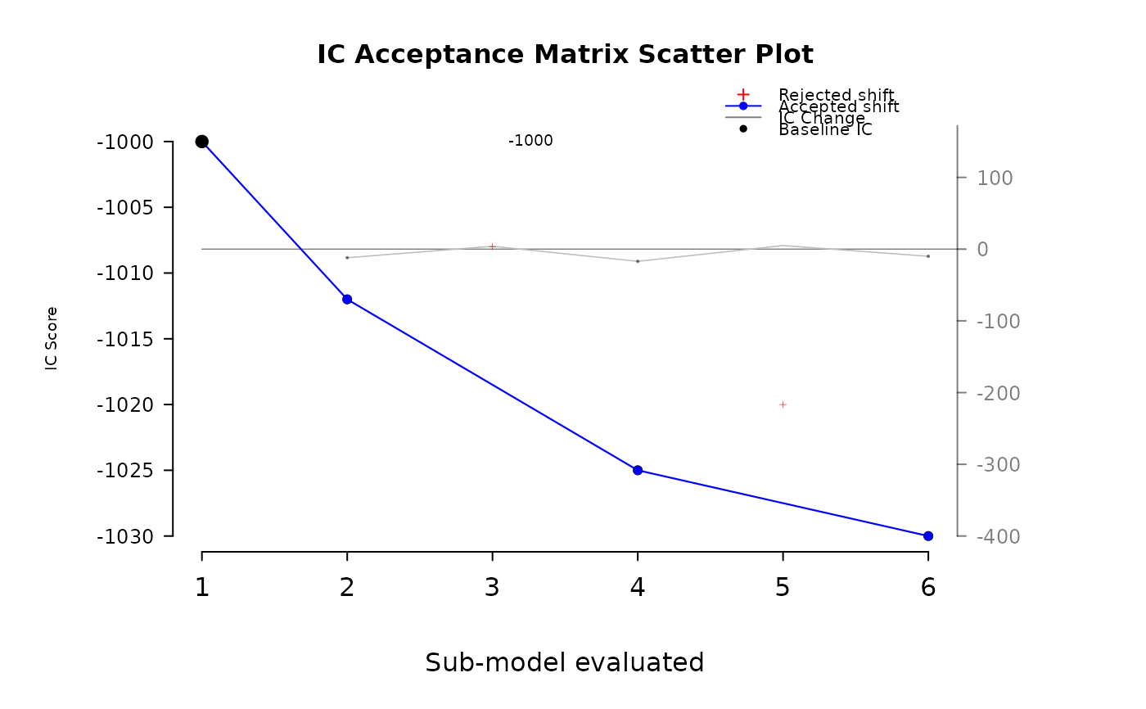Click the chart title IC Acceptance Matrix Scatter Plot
565,54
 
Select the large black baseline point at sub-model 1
202,142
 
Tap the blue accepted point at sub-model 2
347,299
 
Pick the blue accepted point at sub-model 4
638,470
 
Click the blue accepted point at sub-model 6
928,536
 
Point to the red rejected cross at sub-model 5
783,404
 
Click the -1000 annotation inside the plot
530,141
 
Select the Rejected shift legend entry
836,95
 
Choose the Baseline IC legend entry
825,129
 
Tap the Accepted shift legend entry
838,106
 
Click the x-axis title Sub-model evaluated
565,662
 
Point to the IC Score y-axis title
52,338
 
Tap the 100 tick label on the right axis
995,178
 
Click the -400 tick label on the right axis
999,536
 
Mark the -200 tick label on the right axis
999,393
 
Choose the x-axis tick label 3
492,587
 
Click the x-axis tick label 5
783,587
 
